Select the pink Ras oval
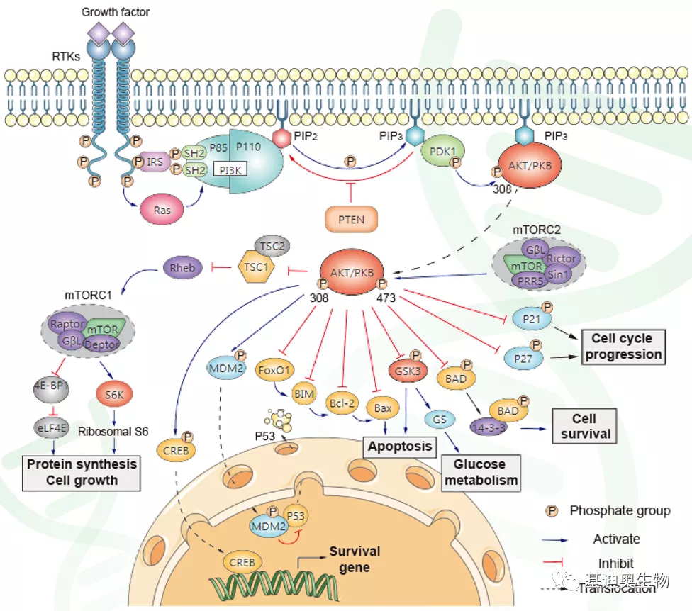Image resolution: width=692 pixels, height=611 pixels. tap(162, 211)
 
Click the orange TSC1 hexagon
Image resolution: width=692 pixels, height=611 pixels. tap(257, 269)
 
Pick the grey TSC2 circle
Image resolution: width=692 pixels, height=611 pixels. tap(272, 246)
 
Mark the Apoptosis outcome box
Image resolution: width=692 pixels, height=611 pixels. tap(398, 447)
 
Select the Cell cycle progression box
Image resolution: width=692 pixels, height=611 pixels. tap(624, 346)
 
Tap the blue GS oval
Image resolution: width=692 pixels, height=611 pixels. tap(438, 420)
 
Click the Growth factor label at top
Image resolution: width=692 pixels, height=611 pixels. tap(116, 12)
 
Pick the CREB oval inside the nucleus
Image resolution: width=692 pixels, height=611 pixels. tap(243, 562)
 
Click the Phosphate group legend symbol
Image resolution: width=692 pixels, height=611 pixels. tap(550, 510)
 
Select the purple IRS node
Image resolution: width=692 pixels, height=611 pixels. tap(155, 162)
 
